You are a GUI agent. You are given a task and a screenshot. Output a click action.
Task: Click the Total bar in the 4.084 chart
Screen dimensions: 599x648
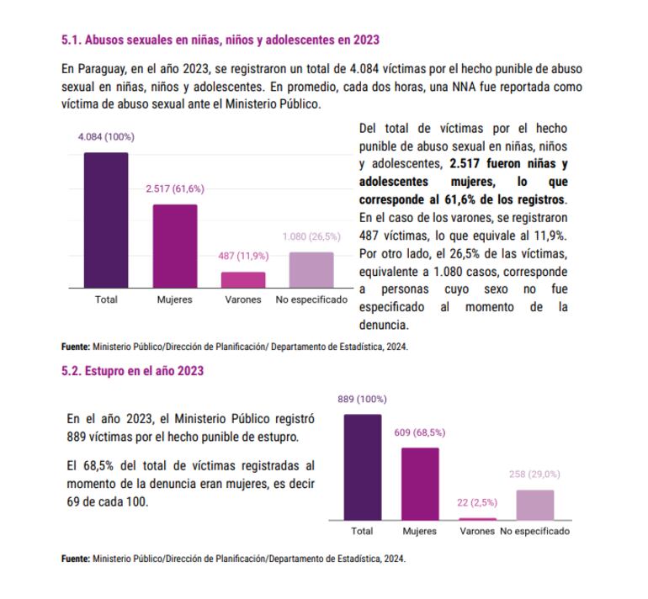pyautogui.click(x=106, y=220)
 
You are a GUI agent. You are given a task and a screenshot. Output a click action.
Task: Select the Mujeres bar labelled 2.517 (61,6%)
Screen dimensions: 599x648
pyautogui.click(x=175, y=246)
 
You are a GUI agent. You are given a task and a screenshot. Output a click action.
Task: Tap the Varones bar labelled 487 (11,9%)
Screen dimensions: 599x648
pyautogui.click(x=243, y=279)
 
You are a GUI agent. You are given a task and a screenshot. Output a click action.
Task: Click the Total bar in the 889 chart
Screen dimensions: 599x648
pyautogui.click(x=362, y=467)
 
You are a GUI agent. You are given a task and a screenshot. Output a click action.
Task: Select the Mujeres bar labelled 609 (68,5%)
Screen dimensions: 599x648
pyautogui.click(x=419, y=484)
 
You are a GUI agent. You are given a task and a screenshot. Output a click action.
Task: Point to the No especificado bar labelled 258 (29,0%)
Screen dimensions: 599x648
pyautogui.click(x=534, y=505)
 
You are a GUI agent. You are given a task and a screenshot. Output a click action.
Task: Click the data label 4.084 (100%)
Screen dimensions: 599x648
pyautogui.click(x=106, y=137)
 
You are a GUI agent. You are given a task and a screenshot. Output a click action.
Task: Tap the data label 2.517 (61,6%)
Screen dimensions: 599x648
pyautogui.click(x=175, y=188)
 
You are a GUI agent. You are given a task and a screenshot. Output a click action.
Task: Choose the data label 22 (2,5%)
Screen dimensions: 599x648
pyautogui.click(x=477, y=503)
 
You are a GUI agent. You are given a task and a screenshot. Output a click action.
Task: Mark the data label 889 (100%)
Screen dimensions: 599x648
pyautogui.click(x=362, y=399)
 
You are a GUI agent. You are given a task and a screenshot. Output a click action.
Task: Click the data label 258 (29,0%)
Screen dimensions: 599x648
pyautogui.click(x=534, y=474)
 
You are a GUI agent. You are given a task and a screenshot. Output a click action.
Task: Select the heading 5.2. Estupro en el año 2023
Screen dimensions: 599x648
pyautogui.click(x=132, y=370)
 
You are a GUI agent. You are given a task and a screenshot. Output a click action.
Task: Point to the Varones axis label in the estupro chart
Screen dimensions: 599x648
pyautogui.click(x=477, y=532)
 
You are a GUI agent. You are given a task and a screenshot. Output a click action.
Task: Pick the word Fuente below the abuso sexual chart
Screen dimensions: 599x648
pyautogui.click(x=75, y=346)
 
